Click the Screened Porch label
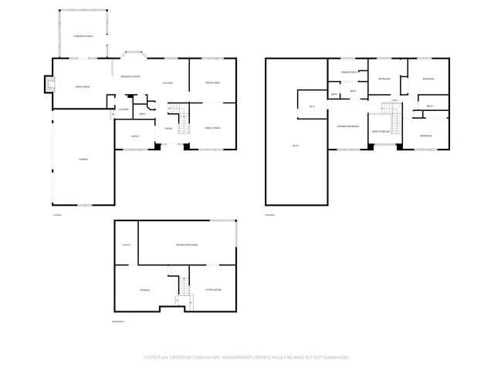83,37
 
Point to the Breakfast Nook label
130,77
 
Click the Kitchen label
167,82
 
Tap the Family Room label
212,128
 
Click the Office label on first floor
134,136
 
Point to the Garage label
83,159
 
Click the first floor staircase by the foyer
183,120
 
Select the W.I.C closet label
313,106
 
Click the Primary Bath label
347,72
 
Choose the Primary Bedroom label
347,126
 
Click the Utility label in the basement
126,245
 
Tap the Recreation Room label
187,245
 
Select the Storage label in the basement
144,290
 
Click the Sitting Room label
213,290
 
